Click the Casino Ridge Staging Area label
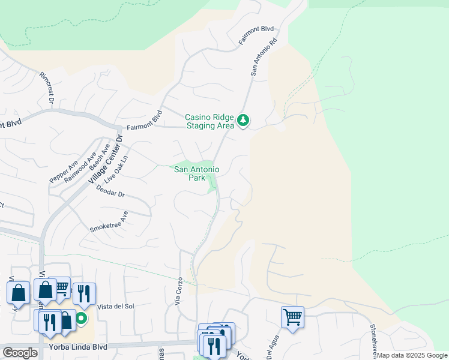click(209, 121)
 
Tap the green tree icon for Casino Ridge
click(243, 121)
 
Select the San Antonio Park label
click(196, 173)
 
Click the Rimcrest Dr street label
click(47, 89)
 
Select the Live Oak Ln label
click(116, 170)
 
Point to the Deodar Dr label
click(109, 191)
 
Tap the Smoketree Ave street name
click(109, 221)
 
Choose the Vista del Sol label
click(115, 306)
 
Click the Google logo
click(20, 352)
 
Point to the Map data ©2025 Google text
click(412, 355)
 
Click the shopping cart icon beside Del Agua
click(292, 316)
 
